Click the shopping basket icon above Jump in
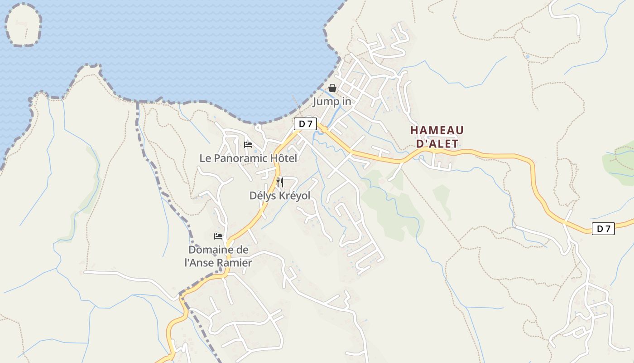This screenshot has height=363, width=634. click(332, 88)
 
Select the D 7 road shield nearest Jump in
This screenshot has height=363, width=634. click(305, 124)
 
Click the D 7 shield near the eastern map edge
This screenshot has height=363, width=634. click(603, 229)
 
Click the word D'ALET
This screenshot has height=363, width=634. click(437, 144)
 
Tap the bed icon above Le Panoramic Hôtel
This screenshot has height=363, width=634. click(248, 145)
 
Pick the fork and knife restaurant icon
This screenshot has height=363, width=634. click(280, 182)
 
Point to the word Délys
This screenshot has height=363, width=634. click(263, 196)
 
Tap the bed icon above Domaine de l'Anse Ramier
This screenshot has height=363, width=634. click(218, 236)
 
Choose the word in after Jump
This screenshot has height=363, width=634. click(346, 102)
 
